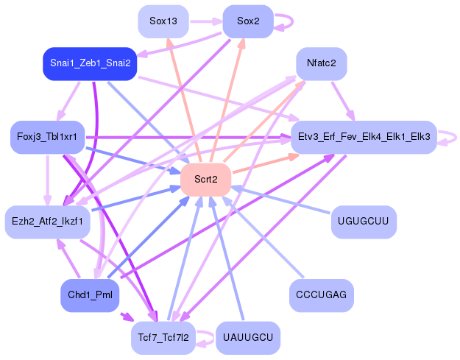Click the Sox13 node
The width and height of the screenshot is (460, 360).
163,21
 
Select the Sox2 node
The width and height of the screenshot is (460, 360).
247,21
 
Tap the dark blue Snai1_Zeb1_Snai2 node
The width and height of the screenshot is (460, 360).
90,63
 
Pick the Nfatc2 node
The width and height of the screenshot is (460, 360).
321,63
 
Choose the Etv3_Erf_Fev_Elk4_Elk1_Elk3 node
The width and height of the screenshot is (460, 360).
364,137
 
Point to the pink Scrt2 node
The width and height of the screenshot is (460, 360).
205,179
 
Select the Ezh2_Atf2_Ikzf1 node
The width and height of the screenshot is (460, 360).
47,221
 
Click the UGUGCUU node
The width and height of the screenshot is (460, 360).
364,221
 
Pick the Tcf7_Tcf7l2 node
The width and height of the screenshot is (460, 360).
163,337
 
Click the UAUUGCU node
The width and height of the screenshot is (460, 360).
247,337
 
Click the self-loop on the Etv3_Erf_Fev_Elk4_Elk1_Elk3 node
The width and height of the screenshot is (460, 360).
451,137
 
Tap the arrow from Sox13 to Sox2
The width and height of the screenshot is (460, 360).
205,21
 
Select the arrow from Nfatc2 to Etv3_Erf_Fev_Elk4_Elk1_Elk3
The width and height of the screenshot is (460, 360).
343,100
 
